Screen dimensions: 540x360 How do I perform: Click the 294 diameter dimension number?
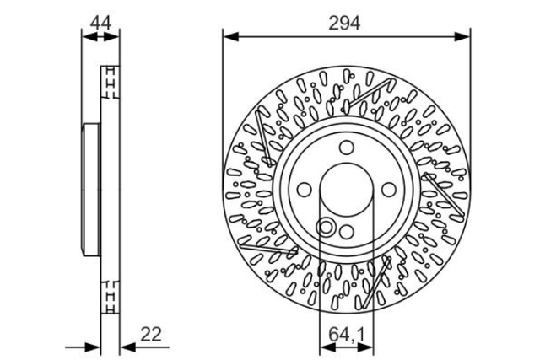point(344,24)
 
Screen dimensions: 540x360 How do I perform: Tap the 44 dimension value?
point(100,24)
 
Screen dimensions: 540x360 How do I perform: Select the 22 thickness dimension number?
point(151,334)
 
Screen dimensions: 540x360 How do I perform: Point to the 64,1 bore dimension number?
point(346,334)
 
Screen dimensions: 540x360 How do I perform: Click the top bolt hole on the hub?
point(347,148)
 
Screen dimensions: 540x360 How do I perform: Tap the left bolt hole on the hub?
point(304,190)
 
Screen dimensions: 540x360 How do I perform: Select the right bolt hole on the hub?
point(389,190)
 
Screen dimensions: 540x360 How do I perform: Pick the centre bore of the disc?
point(347,190)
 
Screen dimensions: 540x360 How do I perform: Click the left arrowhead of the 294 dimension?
point(230,36)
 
